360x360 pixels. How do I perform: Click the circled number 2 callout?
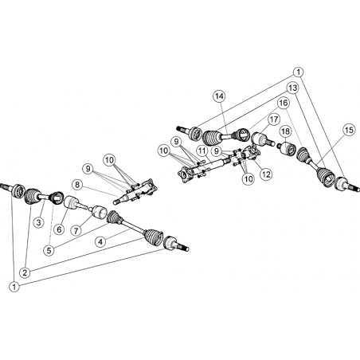25,272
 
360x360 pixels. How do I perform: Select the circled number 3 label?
39,222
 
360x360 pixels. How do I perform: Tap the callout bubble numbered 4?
100,241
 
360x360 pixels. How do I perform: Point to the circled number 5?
49,250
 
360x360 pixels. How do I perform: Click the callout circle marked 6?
59,229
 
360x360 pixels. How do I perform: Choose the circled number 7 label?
76,230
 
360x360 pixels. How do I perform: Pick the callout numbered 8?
77,185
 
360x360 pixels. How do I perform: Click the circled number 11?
202,151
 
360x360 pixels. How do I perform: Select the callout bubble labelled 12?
266,174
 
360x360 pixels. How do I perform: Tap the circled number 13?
293,88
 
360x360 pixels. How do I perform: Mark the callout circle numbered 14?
220,96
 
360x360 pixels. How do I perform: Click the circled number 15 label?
350,130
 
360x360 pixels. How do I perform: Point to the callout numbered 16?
284,103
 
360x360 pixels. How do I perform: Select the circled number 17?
273,119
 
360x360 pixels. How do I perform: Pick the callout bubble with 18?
286,131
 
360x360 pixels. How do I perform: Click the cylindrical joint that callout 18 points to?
287,149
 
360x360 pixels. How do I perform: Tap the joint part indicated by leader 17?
259,139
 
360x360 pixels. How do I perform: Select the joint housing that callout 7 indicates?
99,213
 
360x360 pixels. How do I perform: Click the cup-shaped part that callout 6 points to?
70,202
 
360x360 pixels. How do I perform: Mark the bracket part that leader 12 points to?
252,153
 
